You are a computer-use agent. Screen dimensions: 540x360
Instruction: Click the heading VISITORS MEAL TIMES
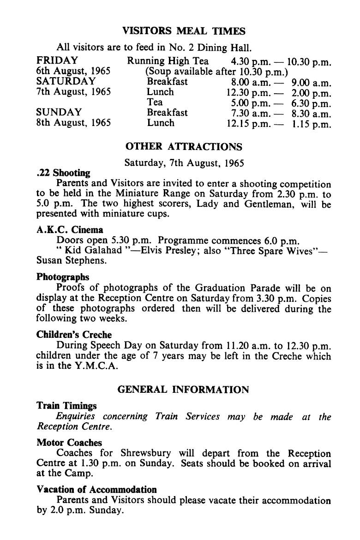click(184, 31)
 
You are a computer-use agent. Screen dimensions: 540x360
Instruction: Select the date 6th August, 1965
click(73, 71)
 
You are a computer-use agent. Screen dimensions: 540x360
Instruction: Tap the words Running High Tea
click(168, 61)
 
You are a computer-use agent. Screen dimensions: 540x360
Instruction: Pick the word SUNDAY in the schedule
click(59, 113)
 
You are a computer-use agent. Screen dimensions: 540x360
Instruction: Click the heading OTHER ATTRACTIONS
click(184, 147)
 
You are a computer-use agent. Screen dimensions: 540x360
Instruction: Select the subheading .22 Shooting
click(63, 174)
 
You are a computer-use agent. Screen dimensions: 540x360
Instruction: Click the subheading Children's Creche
click(74, 335)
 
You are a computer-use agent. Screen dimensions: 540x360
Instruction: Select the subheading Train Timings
click(66, 406)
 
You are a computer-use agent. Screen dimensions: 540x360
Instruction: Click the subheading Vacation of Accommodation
click(96, 490)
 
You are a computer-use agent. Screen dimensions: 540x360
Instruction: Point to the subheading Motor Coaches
click(69, 442)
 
